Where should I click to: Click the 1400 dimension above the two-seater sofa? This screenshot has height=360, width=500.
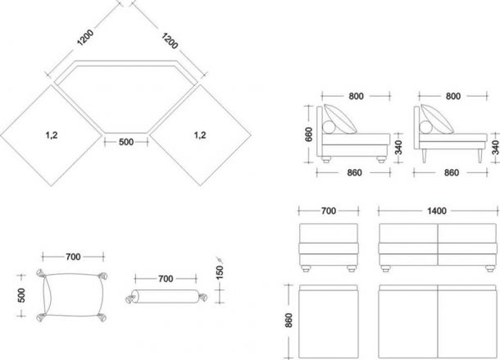pyautogui.click(x=437, y=211)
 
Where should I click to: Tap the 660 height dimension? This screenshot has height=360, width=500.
pyautogui.click(x=309, y=134)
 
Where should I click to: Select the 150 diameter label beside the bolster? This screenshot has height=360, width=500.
pyautogui.click(x=220, y=272)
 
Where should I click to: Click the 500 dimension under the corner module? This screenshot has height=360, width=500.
pyautogui.click(x=126, y=142)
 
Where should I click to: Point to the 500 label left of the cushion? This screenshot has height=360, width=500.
pyautogui.click(x=21, y=295)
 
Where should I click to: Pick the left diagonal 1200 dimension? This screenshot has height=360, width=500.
pyautogui.click(x=85, y=38)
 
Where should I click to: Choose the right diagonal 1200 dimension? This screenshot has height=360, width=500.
pyautogui.click(x=170, y=41)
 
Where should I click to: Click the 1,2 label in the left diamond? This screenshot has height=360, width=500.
pyautogui.click(x=52, y=135)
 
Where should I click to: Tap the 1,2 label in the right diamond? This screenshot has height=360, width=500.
pyautogui.click(x=200, y=135)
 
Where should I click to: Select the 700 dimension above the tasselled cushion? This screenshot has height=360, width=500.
pyautogui.click(x=73, y=257)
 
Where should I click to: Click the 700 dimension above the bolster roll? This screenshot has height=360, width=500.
pyautogui.click(x=166, y=279)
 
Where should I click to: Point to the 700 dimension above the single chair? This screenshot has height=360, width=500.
pyautogui.click(x=329, y=211)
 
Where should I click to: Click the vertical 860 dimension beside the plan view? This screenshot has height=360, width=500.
pyautogui.click(x=289, y=320)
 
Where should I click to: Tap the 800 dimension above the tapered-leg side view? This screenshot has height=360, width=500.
pyautogui.click(x=452, y=96)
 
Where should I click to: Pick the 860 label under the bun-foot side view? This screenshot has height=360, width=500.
pyautogui.click(x=354, y=173)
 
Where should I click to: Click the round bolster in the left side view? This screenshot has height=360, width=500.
pyautogui.click(x=329, y=127)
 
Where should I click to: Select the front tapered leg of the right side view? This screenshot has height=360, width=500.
pyautogui.click(x=480, y=156)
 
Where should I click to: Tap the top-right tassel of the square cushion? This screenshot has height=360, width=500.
pyautogui.click(x=102, y=276)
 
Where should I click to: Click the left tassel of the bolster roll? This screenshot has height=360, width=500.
pyautogui.click(x=130, y=298)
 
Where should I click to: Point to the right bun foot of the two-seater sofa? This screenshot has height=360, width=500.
pyautogui.click(x=490, y=269)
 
